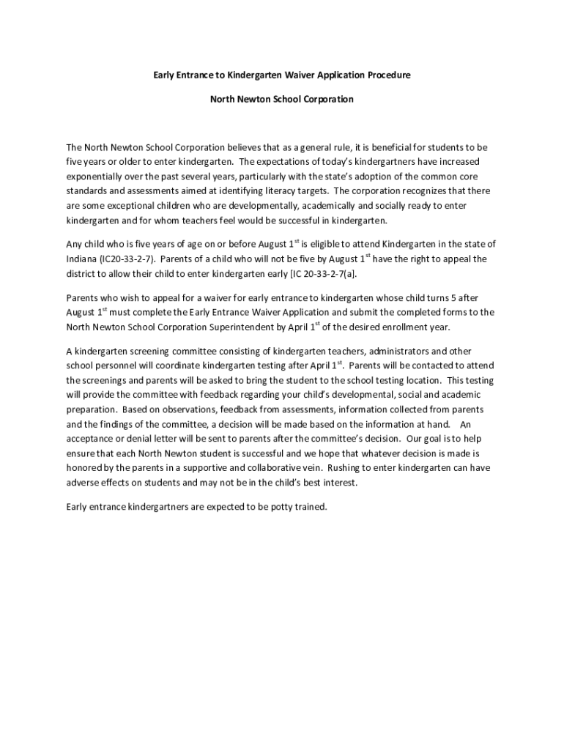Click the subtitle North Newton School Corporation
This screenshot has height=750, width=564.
(282, 99)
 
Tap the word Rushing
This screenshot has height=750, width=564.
(346, 468)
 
